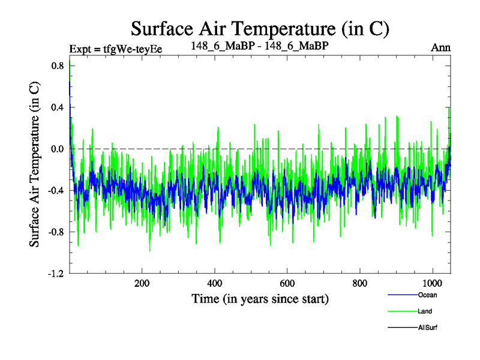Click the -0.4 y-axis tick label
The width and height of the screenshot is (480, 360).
tap(55, 190)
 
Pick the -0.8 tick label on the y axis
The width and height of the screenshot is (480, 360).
tap(55, 232)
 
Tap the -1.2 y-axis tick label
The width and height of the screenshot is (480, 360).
tap(55, 273)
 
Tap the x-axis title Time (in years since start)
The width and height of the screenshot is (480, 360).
tap(260, 298)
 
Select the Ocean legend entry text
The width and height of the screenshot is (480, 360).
tap(428, 295)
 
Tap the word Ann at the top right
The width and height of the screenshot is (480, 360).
tap(441, 47)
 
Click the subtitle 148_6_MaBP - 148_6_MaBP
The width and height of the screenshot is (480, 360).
tap(260, 46)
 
